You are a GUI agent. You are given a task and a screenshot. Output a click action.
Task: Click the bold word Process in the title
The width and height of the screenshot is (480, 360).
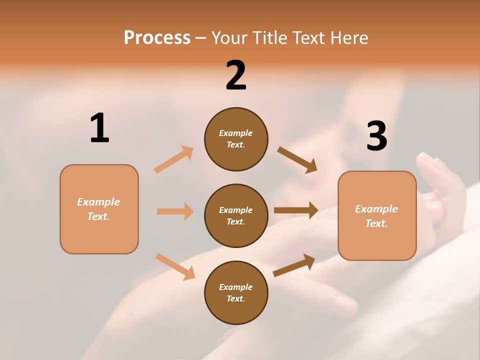[157, 38]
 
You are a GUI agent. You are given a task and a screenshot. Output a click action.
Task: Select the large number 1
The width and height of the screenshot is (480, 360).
[99, 128]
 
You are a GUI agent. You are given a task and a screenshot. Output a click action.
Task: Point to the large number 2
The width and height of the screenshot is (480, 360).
[236, 75]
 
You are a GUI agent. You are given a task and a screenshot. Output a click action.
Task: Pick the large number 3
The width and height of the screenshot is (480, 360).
[376, 136]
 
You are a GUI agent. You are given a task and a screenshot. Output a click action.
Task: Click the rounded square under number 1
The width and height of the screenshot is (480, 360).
[99, 209]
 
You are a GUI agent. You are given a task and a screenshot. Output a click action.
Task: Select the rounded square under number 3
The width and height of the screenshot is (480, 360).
[377, 215]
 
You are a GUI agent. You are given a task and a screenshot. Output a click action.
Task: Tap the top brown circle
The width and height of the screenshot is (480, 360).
[236, 139]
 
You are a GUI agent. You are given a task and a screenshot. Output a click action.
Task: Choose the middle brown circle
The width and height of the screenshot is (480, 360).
[236, 215]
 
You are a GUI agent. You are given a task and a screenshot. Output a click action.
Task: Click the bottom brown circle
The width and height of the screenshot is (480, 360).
[236, 292]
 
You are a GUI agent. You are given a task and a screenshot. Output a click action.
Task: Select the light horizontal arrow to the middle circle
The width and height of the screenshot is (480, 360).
[175, 211]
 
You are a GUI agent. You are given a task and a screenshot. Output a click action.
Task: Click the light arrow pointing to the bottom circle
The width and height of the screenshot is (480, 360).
[175, 266]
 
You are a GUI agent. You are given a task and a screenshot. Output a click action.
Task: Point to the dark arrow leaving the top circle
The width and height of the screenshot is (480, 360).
[297, 160]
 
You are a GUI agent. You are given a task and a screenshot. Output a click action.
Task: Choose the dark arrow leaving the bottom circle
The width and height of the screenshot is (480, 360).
[294, 265]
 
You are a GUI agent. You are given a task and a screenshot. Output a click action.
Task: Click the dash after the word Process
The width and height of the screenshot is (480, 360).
[200, 38]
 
